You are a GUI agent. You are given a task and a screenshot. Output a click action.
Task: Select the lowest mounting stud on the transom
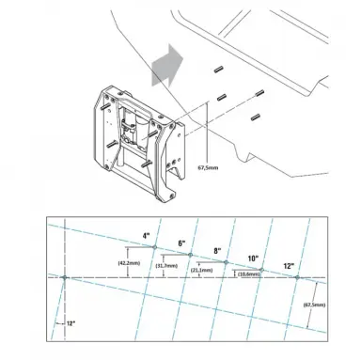[255, 116]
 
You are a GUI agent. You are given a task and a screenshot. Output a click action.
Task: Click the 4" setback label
[147, 235]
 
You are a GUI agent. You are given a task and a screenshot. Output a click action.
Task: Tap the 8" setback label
[218, 250]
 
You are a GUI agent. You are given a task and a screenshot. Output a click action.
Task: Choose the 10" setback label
[254, 258]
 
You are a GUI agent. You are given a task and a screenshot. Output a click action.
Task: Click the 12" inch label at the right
[289, 266]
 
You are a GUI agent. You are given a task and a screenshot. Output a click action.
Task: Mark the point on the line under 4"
[154, 247]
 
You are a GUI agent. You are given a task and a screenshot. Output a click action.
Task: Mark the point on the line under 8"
[226, 262]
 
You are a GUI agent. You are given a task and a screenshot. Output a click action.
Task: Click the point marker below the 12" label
[296, 277]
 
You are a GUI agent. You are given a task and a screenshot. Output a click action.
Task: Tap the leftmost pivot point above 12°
[64, 277]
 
